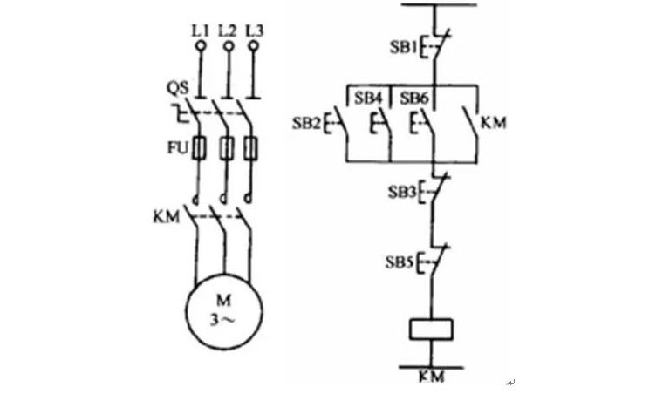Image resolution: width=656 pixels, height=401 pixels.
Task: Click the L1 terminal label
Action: click(201, 30)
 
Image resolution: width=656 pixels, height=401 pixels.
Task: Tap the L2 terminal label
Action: click(228, 30)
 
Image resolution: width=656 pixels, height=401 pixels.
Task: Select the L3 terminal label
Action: click(255, 30)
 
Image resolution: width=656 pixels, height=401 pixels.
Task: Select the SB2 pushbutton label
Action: click(306, 123)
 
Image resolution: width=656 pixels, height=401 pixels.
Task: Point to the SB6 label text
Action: click(414, 99)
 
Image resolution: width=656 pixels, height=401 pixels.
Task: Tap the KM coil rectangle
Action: click(433, 330)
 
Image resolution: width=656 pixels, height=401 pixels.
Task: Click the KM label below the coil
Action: click(431, 377)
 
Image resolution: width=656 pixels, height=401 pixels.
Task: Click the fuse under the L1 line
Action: click(201, 148)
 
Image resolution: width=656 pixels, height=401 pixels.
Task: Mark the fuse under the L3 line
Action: click(254, 148)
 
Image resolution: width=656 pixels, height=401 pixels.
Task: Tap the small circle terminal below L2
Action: click(228, 44)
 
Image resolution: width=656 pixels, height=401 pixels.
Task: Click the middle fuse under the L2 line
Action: click(228, 148)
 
